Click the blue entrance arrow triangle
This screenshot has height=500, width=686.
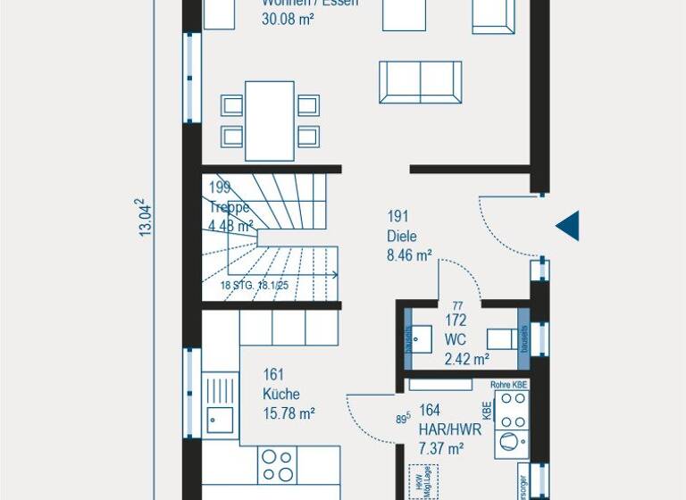point(569,226)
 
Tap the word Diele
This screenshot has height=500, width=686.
point(402,237)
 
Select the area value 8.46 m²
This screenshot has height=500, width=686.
point(409,255)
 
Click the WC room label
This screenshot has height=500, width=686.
point(455,340)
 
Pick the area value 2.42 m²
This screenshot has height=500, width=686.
point(466,360)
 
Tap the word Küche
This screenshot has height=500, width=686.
point(281,394)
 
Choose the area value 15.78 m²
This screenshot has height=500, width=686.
point(289,413)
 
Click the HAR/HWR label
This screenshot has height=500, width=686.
point(449,429)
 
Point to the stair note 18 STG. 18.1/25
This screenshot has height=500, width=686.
point(255,286)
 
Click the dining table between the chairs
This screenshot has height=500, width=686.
point(270,121)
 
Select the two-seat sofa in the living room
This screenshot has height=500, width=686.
point(420,82)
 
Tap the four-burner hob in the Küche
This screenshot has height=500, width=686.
point(277,465)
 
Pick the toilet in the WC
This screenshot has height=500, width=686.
point(503,338)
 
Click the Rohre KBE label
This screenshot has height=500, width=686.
point(509,384)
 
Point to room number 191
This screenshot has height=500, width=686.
point(397,216)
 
